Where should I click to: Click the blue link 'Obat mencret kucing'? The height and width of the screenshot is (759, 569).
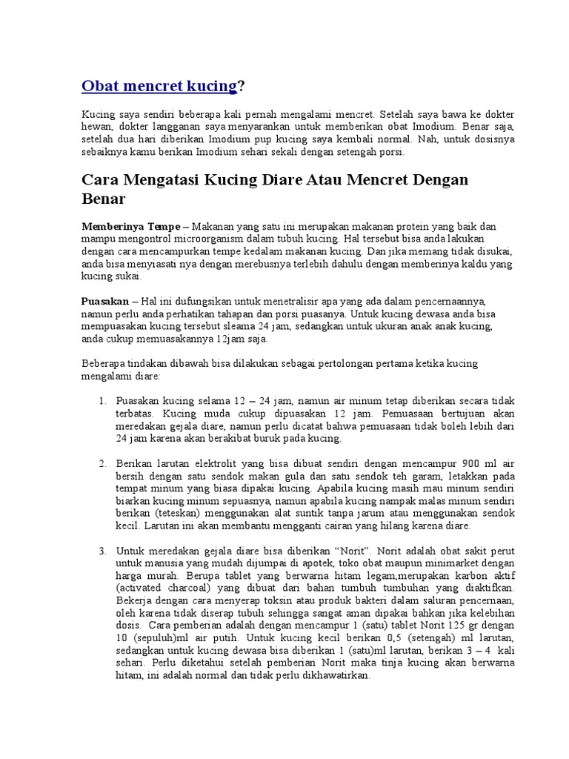pyautogui.click(x=158, y=86)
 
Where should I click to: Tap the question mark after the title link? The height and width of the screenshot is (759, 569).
pyautogui.click(x=240, y=86)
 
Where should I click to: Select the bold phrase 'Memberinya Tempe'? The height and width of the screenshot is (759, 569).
pyautogui.click(x=130, y=225)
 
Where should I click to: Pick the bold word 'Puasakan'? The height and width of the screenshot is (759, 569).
pyautogui.click(x=104, y=302)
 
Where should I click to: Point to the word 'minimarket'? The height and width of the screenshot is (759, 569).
pyautogui.click(x=440, y=563)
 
